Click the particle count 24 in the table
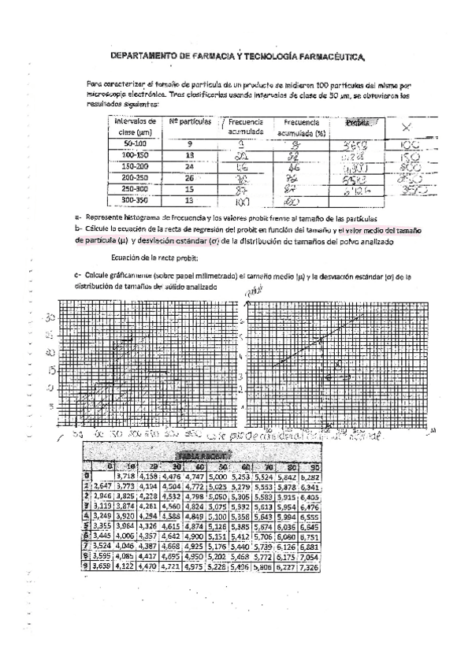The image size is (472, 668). click(189, 167)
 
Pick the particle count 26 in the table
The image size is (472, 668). click(189, 178)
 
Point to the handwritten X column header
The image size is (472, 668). click(405, 128)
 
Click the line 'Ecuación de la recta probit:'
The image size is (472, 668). click(154, 258)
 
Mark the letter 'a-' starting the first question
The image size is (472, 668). click(78, 217)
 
